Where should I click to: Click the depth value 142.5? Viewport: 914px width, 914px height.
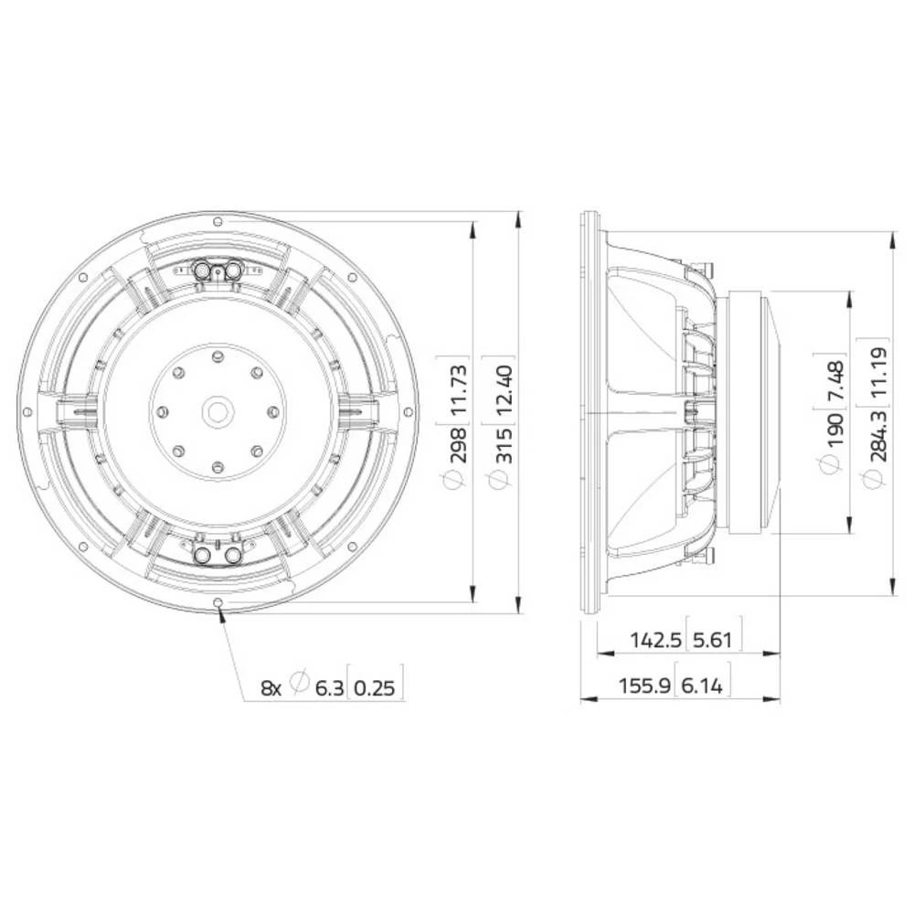pyautogui.click(x=655, y=640)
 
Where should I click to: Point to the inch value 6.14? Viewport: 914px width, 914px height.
pyautogui.click(x=704, y=685)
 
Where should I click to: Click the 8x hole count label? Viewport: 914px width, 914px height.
pyautogui.click(x=271, y=687)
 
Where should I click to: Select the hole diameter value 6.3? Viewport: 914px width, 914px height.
pyautogui.click(x=330, y=687)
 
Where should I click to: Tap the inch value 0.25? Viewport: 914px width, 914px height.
pyautogui.click(x=376, y=687)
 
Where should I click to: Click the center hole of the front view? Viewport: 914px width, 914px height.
pyautogui.click(x=218, y=410)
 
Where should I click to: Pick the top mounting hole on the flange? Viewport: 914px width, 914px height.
pyautogui.click(x=218, y=222)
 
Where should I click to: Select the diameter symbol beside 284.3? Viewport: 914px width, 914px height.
pyautogui.click(x=871, y=476)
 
